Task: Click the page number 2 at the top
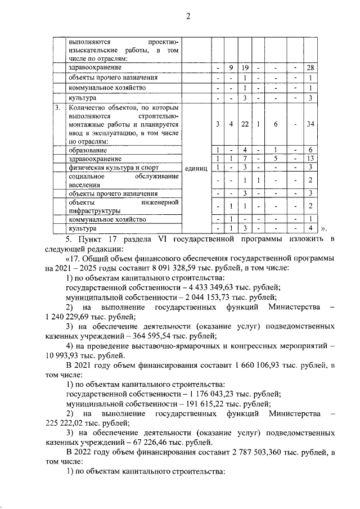[188, 16]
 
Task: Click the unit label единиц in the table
[196, 168]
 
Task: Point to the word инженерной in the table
[160, 201]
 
